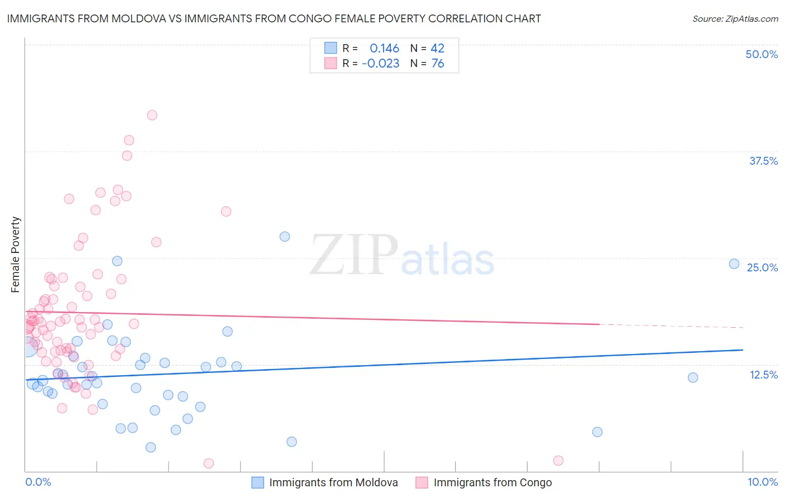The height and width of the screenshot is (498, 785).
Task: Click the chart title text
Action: click(x=274, y=18)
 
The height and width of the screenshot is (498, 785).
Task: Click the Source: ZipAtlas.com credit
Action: click(x=735, y=18)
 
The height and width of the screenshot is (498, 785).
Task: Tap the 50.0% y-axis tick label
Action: click(x=762, y=54)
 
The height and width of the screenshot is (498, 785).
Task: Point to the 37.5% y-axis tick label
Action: click(x=763, y=161)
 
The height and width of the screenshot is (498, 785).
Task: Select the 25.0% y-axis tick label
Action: click(x=762, y=267)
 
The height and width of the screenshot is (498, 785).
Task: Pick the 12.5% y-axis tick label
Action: click(x=763, y=375)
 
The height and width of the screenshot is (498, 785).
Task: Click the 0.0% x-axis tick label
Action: click(x=38, y=482)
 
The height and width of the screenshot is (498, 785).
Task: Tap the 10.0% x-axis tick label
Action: click(x=763, y=482)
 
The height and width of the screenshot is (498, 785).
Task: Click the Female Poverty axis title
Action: click(x=16, y=255)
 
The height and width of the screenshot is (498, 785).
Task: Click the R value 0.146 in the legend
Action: click(x=384, y=49)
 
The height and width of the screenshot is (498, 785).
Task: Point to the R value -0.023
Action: click(x=381, y=64)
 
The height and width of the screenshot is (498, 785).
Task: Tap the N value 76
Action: click(x=438, y=64)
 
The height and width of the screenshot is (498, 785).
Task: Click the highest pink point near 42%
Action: click(x=152, y=115)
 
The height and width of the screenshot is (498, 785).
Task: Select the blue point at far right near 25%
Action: click(x=734, y=264)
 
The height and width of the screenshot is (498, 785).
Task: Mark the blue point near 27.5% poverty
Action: click(x=285, y=236)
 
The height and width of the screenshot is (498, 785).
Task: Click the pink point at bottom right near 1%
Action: click(x=558, y=461)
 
